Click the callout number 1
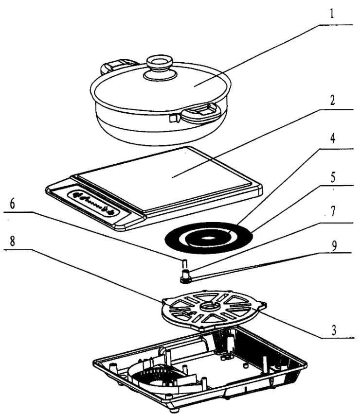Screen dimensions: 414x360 [332, 13]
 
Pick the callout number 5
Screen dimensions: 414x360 [332, 177]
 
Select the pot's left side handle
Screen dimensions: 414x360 [117, 65]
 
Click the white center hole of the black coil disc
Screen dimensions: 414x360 [208, 238]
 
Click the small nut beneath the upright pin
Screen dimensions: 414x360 [186, 278]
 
